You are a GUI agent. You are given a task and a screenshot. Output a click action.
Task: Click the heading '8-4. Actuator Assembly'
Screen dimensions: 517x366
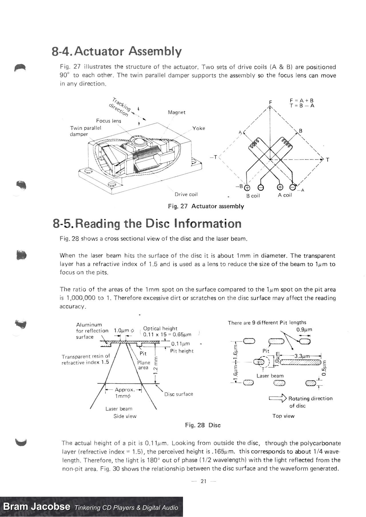(x=116, y=51)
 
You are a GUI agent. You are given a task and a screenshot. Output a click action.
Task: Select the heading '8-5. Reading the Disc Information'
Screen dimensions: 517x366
(x=147, y=224)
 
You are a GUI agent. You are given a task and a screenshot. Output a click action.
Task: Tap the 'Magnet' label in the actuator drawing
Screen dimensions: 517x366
(x=176, y=113)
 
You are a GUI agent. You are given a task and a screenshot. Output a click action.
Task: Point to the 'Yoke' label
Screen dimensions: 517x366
(x=198, y=128)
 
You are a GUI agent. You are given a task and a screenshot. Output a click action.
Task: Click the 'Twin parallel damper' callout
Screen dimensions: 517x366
(x=85, y=131)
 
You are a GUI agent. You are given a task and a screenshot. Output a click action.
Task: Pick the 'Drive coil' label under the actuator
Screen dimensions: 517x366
(x=186, y=195)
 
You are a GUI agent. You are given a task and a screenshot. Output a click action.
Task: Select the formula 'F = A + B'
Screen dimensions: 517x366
(x=302, y=101)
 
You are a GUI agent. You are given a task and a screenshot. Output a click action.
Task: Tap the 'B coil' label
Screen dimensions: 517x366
(x=253, y=196)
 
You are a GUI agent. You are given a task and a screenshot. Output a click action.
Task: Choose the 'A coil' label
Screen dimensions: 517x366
(x=285, y=195)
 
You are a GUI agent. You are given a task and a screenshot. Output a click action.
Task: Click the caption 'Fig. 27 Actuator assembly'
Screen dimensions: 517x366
(x=206, y=206)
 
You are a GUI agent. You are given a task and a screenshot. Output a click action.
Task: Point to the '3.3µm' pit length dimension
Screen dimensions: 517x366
(x=302, y=356)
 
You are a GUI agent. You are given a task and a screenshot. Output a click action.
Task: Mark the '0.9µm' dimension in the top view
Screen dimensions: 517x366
(x=304, y=330)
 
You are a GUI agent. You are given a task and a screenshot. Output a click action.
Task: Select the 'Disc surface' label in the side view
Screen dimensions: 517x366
(x=178, y=394)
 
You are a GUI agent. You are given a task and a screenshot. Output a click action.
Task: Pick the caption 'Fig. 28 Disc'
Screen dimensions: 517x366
(x=203, y=425)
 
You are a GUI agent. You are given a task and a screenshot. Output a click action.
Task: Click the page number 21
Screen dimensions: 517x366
(x=203, y=481)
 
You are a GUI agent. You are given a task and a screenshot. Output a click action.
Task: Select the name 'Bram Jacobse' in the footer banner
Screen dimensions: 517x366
(x=36, y=507)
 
